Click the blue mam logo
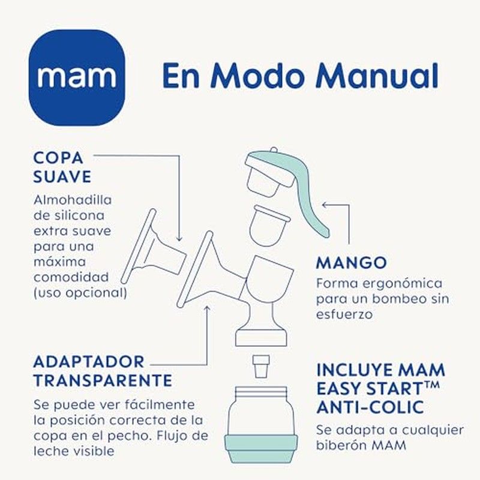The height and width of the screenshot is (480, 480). click(77, 77)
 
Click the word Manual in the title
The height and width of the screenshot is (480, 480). click(377, 76)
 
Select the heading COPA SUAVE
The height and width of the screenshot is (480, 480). click(62, 167)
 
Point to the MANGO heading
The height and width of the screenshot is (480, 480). click(352, 263)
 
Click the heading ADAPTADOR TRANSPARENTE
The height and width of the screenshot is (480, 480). click(103, 371)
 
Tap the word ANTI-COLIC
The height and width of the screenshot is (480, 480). click(370, 407)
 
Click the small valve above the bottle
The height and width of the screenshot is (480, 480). click(261, 366)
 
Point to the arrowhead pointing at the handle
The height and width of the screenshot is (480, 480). click(325, 205)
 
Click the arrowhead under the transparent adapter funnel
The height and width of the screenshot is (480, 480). click(207, 308)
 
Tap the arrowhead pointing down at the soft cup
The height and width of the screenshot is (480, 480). click(179, 238)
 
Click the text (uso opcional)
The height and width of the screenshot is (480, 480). click(80, 293)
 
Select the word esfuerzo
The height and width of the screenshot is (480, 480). click(344, 314)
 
